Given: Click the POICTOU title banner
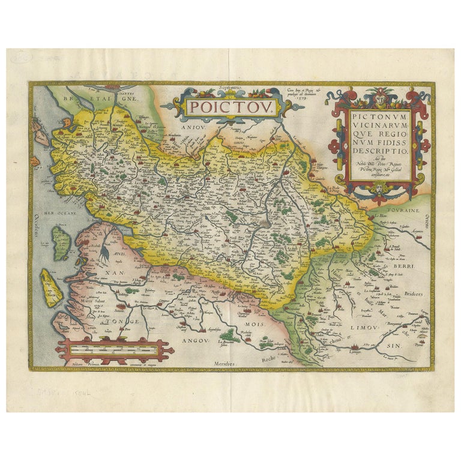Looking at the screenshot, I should (231, 107).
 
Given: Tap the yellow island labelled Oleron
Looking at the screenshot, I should (51, 287).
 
